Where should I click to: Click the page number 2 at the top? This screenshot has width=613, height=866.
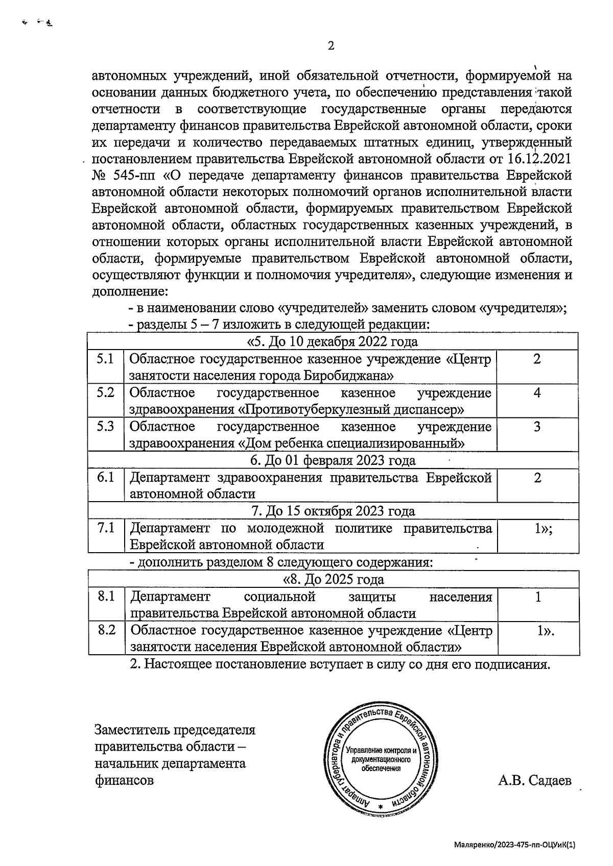coord(331,46)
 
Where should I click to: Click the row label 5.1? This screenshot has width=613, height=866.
coord(105,359)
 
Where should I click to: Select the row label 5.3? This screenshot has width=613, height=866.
coord(105,426)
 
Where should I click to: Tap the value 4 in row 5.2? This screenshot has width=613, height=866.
coord(537,393)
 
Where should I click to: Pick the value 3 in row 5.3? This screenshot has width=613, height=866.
coord(537,427)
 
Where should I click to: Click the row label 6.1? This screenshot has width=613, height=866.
coord(105,478)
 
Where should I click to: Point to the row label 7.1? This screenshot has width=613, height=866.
coord(105,528)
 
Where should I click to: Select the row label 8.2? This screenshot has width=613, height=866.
coord(106,630)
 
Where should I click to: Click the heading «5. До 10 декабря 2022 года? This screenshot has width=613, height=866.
coord(332,341)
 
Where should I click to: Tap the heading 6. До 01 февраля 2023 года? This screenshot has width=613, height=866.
coord(333,460)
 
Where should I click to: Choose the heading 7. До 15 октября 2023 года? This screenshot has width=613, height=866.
coord(333,511)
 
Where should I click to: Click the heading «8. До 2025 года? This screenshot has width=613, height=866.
coord(333,580)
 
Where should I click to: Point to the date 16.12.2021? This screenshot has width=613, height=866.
coord(539,158)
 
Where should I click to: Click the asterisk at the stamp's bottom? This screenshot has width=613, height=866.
coord(381,807)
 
